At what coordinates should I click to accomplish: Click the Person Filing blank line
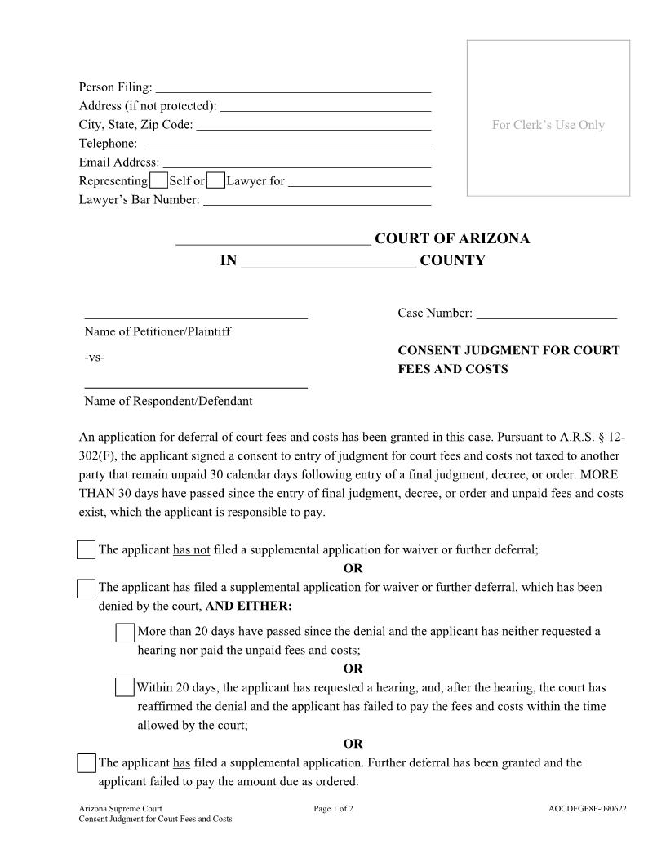coord(293,87)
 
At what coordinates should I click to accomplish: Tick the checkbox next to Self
coord(159,181)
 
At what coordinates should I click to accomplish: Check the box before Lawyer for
coord(216,181)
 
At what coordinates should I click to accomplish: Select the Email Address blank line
coord(297,162)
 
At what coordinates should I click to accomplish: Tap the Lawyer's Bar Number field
coord(317,200)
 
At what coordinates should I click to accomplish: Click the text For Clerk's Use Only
coord(548,125)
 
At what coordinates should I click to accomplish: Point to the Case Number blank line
coord(546,313)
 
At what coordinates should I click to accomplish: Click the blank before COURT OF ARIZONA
coord(273,239)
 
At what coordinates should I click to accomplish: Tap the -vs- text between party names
coord(94,358)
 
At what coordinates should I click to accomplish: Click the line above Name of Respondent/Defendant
coord(196,385)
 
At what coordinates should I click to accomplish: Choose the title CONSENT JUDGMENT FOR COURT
coord(508,350)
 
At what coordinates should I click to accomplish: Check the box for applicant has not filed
coord(86,550)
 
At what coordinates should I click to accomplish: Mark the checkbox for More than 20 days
coord(125,633)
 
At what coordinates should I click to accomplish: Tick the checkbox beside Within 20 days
coord(124,687)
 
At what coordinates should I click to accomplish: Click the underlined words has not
coord(192,550)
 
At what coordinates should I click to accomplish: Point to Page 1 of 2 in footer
coord(333,809)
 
